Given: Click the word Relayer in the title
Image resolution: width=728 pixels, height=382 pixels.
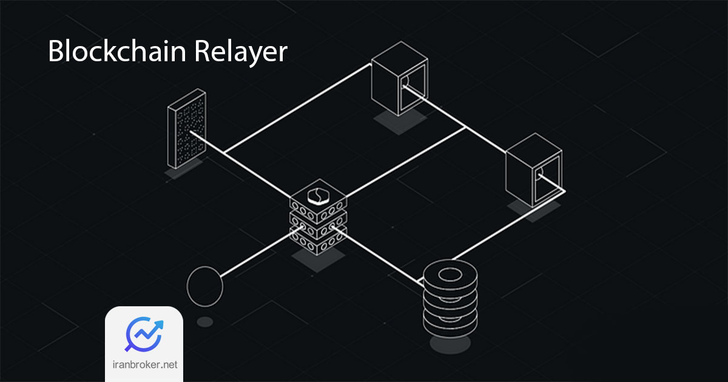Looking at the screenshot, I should [x=241, y=53].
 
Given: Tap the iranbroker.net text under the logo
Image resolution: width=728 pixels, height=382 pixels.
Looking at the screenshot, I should [x=144, y=366].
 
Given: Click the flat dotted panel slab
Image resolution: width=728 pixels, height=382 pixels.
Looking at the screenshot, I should [x=187, y=130].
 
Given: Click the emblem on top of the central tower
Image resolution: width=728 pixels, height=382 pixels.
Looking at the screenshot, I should [x=317, y=195].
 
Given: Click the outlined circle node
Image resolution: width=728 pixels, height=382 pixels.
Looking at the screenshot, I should [x=205, y=285].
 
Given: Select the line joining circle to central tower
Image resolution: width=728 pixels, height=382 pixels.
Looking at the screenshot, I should [x=258, y=255].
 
